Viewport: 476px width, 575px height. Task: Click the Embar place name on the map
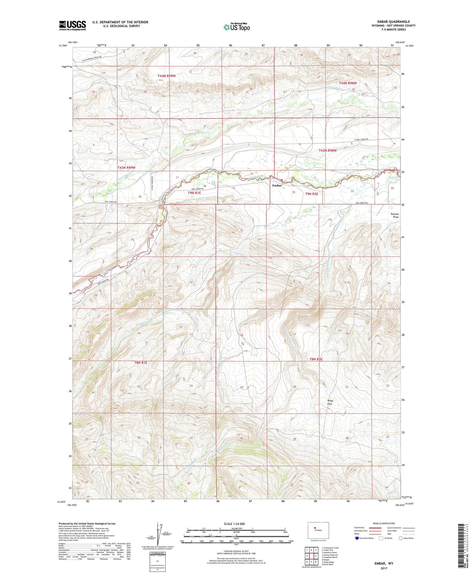click(x=277, y=186)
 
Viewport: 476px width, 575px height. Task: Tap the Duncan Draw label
click(x=395, y=216)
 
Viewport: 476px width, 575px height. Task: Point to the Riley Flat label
click(x=330, y=402)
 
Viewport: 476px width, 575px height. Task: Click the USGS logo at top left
click(x=72, y=25)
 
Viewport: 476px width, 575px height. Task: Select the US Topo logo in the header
click(x=236, y=27)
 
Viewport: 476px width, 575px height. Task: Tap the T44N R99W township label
click(x=167, y=76)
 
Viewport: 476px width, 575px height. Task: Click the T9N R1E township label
click(x=195, y=193)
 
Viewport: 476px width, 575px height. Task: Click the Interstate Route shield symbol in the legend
click(x=357, y=538)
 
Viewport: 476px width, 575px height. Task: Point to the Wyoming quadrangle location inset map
click(x=318, y=530)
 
